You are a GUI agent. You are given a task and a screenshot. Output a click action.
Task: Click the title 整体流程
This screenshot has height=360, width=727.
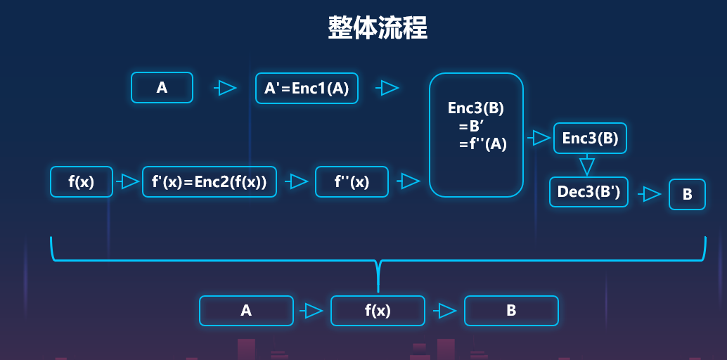[378, 27]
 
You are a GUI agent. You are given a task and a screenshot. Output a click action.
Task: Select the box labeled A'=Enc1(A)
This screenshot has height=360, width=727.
[307, 88]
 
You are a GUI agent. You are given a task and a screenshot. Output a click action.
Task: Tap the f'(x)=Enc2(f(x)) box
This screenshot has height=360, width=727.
[210, 181]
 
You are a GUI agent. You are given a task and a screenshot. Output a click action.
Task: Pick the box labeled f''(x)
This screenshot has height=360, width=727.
[352, 181]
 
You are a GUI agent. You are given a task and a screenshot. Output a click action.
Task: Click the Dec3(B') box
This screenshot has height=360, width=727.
[588, 192]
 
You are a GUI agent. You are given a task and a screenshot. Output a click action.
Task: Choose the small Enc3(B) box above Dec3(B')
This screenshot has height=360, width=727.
[590, 139]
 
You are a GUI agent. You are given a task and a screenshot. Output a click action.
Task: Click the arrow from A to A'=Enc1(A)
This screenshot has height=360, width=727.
[225, 88]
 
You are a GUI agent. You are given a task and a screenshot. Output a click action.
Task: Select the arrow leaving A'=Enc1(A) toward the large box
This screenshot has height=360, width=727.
[387, 88]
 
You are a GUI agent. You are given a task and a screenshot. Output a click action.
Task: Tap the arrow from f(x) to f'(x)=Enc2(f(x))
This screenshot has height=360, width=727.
[127, 181]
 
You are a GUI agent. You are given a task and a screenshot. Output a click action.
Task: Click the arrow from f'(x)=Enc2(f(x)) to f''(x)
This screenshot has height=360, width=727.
[297, 181]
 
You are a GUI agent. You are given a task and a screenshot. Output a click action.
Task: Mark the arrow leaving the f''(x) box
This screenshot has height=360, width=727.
[408, 181]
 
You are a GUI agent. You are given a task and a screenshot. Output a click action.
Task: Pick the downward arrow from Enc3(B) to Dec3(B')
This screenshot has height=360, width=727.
[587, 166]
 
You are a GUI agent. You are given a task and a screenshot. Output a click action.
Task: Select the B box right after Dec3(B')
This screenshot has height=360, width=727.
[687, 195]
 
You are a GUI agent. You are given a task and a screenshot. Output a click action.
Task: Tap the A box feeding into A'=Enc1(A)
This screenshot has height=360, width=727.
[162, 88]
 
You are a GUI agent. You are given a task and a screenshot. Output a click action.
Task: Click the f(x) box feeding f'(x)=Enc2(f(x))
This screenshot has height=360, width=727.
[81, 181]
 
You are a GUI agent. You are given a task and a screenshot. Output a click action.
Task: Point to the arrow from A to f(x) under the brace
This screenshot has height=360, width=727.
[311, 310]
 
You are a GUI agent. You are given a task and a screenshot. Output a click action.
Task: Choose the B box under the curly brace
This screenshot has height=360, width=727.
[511, 310]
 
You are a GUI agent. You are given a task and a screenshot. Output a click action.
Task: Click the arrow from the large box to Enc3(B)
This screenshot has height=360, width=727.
[539, 137]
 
